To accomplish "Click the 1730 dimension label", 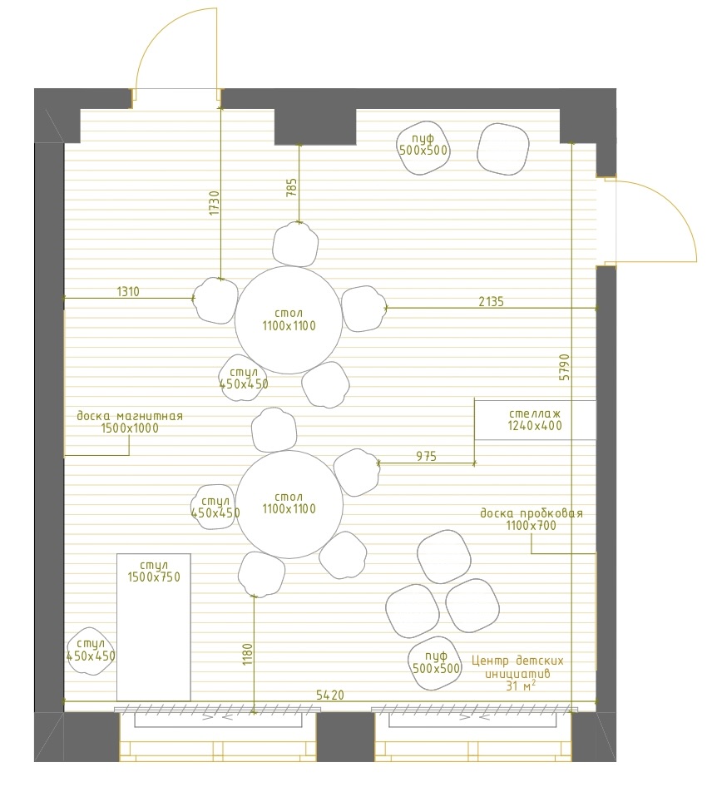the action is pyautogui.click(x=215, y=203).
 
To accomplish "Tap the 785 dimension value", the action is pyautogui.click(x=292, y=187).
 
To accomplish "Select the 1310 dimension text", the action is pyautogui.click(x=128, y=291).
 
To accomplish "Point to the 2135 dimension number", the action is pyautogui.click(x=491, y=301).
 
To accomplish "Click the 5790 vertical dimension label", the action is pyautogui.click(x=564, y=367).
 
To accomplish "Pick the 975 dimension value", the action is pyautogui.click(x=426, y=456).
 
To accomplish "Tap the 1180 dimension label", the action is pyautogui.click(x=248, y=654).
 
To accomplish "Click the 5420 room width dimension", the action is pyautogui.click(x=329, y=695).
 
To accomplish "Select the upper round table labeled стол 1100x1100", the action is pyautogui.click(x=289, y=320).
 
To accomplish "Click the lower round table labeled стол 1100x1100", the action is pyautogui.click(x=289, y=505).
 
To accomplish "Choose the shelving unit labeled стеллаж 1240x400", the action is pyautogui.click(x=535, y=420).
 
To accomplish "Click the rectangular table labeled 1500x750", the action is pyautogui.click(x=154, y=627).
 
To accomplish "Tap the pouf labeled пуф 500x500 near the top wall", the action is pyautogui.click(x=423, y=148).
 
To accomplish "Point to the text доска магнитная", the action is pyautogui.click(x=130, y=416).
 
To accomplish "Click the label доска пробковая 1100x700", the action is pyautogui.click(x=531, y=519).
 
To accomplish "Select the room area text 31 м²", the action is pyautogui.click(x=521, y=686).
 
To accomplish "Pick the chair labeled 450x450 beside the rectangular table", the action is pyautogui.click(x=91, y=651).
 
